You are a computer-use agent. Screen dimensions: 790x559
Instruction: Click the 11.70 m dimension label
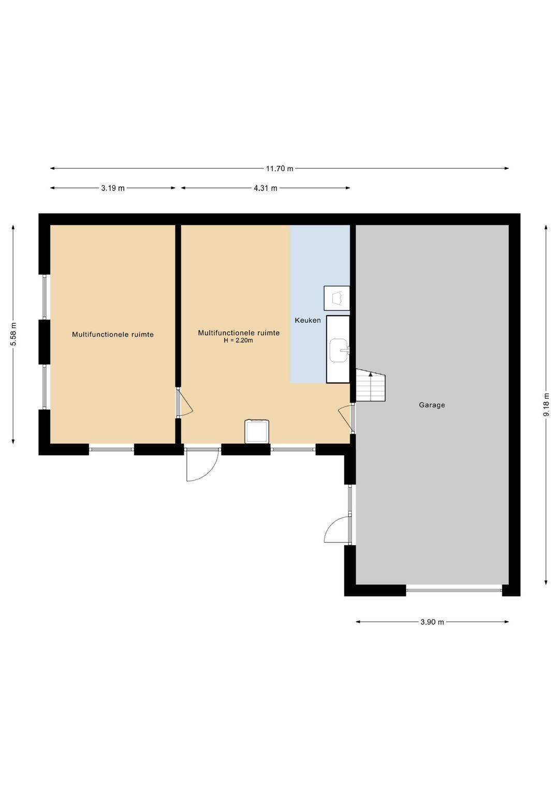279,168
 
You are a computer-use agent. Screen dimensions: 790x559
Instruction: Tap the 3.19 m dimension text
113,188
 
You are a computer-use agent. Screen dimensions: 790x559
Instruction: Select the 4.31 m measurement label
266,188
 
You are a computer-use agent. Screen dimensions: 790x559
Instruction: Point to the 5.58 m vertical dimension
13,334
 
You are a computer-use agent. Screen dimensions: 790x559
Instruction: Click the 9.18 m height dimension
546,405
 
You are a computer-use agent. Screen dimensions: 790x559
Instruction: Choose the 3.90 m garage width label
432,622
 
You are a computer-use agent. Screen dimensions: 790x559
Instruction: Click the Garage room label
432,405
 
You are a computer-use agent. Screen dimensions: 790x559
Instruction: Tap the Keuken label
308,320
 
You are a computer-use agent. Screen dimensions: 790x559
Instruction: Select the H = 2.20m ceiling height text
239,341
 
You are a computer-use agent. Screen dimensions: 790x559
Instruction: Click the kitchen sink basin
339,350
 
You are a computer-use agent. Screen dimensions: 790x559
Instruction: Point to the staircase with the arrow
371,386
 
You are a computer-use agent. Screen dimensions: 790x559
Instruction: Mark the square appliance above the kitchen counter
336,298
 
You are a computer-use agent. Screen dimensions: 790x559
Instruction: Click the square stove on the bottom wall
257,431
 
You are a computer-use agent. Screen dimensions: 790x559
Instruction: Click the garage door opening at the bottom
454,589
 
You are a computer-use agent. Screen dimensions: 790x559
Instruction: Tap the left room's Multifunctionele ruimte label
113,334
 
